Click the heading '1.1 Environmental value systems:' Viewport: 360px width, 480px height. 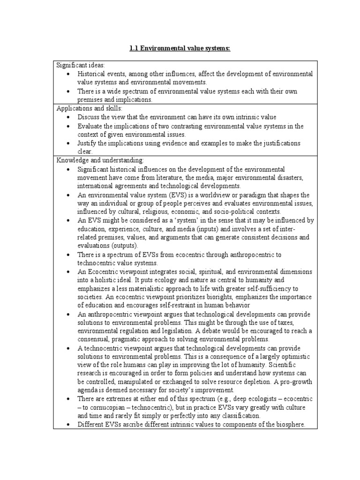click(180, 48)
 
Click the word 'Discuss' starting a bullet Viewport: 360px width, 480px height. click(89, 117)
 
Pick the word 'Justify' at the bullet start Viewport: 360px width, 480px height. click(88, 142)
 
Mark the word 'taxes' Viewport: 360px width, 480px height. click(289, 322)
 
